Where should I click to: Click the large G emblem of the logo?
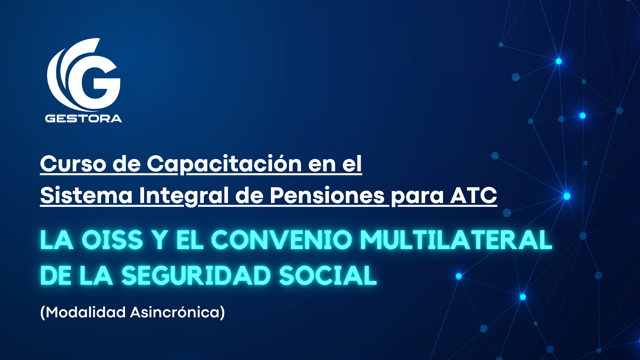pyautogui.click(x=83, y=75)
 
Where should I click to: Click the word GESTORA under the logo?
pyautogui.click(x=84, y=119)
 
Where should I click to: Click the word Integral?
pyautogui.click(x=184, y=196)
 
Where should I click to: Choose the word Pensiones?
pyautogui.click(x=327, y=195)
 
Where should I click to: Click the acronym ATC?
pyautogui.click(x=474, y=195)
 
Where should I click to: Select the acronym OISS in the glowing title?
pyautogui.click(x=112, y=240)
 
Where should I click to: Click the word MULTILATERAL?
pyautogui.click(x=456, y=240)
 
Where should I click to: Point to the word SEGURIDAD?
pyautogui.click(x=196, y=276)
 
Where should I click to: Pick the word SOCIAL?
pyautogui.click(x=328, y=276)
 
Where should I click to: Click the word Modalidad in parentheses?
pyautogui.click(x=86, y=312)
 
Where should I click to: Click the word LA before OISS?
pyautogui.click(x=57, y=240)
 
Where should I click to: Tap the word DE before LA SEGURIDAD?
pyautogui.click(x=56, y=276)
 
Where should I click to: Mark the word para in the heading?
pyautogui.click(x=417, y=197)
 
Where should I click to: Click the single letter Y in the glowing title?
pyautogui.click(x=160, y=240)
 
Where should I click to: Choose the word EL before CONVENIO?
pyautogui.click(x=190, y=240)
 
